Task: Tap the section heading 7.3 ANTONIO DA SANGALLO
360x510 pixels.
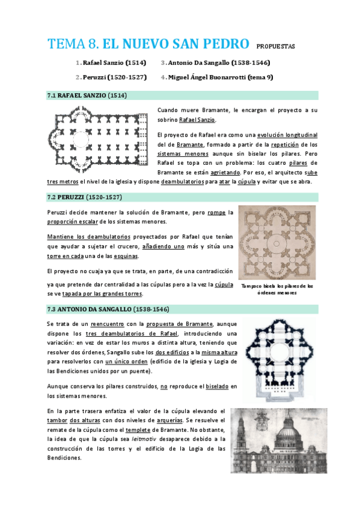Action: tap(108, 309)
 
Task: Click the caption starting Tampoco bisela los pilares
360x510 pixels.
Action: tap(276, 289)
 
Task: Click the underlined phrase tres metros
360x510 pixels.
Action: tap(63, 182)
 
